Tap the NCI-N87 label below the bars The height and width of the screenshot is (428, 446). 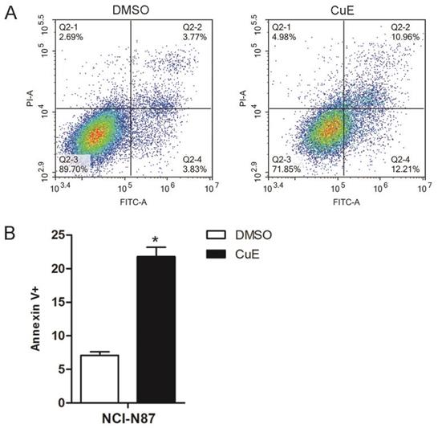click(x=128, y=418)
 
